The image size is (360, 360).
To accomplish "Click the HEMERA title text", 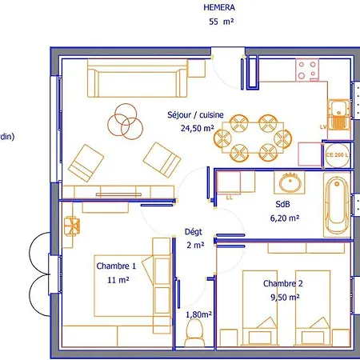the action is coord(219,7).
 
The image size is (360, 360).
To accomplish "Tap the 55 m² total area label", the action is coord(222,22).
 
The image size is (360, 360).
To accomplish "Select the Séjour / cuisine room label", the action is coord(195,115).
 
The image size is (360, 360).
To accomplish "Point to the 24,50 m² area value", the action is coord(198,128).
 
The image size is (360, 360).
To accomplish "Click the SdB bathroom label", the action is coord(282,204).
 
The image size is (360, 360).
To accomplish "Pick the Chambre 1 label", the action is coord(116,266).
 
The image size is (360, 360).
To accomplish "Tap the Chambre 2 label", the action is coord(283,283).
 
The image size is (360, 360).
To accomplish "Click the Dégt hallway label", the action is coord(194,232).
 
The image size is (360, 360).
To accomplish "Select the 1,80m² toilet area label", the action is coord(198,314).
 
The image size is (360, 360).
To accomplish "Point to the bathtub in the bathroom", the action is coord(337,205).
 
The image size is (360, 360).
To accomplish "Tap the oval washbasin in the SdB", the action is coord(290,183).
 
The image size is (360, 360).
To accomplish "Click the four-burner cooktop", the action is coord(307,70).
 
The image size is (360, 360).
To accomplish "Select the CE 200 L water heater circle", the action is coord(338,155).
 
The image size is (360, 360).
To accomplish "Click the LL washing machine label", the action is coord(230,198).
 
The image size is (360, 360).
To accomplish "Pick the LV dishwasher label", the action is coord(323,127).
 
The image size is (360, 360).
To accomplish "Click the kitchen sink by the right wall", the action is coord(338,114).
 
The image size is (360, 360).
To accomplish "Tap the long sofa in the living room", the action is coord(138,78).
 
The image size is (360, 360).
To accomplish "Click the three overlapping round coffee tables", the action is coord(125,122).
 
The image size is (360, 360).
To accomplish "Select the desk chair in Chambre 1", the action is coord(72,226).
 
